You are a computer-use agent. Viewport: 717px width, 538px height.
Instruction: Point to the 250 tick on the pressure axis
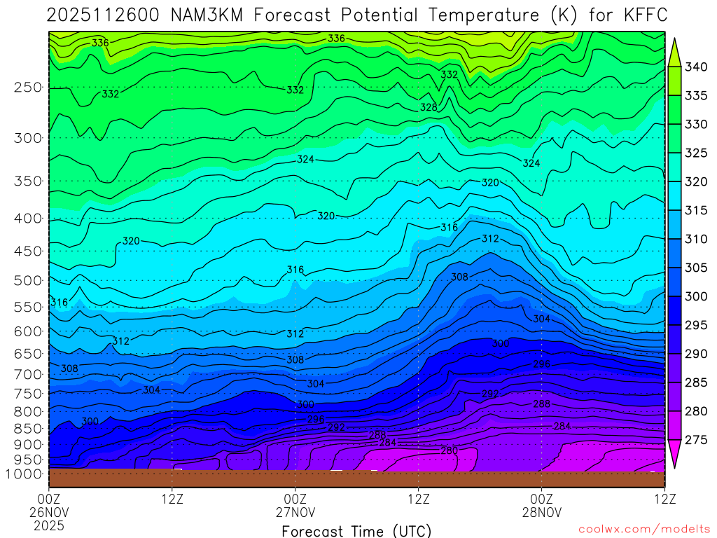[x=27, y=88]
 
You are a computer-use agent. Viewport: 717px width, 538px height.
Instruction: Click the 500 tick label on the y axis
[x=27, y=281]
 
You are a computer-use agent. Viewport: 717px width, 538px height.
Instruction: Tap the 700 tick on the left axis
[x=27, y=375]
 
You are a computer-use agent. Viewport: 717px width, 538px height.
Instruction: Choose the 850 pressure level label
[x=27, y=428]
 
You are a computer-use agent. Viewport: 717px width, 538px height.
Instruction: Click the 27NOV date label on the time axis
[x=295, y=512]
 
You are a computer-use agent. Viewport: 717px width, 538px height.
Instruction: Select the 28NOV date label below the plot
[x=541, y=512]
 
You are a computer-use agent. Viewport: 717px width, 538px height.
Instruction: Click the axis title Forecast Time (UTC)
[x=356, y=530]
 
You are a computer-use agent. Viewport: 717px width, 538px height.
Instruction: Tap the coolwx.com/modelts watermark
[x=644, y=530]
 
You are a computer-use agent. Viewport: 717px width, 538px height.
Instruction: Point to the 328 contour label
[x=429, y=107]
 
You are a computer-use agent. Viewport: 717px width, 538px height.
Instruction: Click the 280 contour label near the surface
[x=449, y=450]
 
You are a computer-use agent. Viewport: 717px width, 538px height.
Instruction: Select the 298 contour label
[x=542, y=364]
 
